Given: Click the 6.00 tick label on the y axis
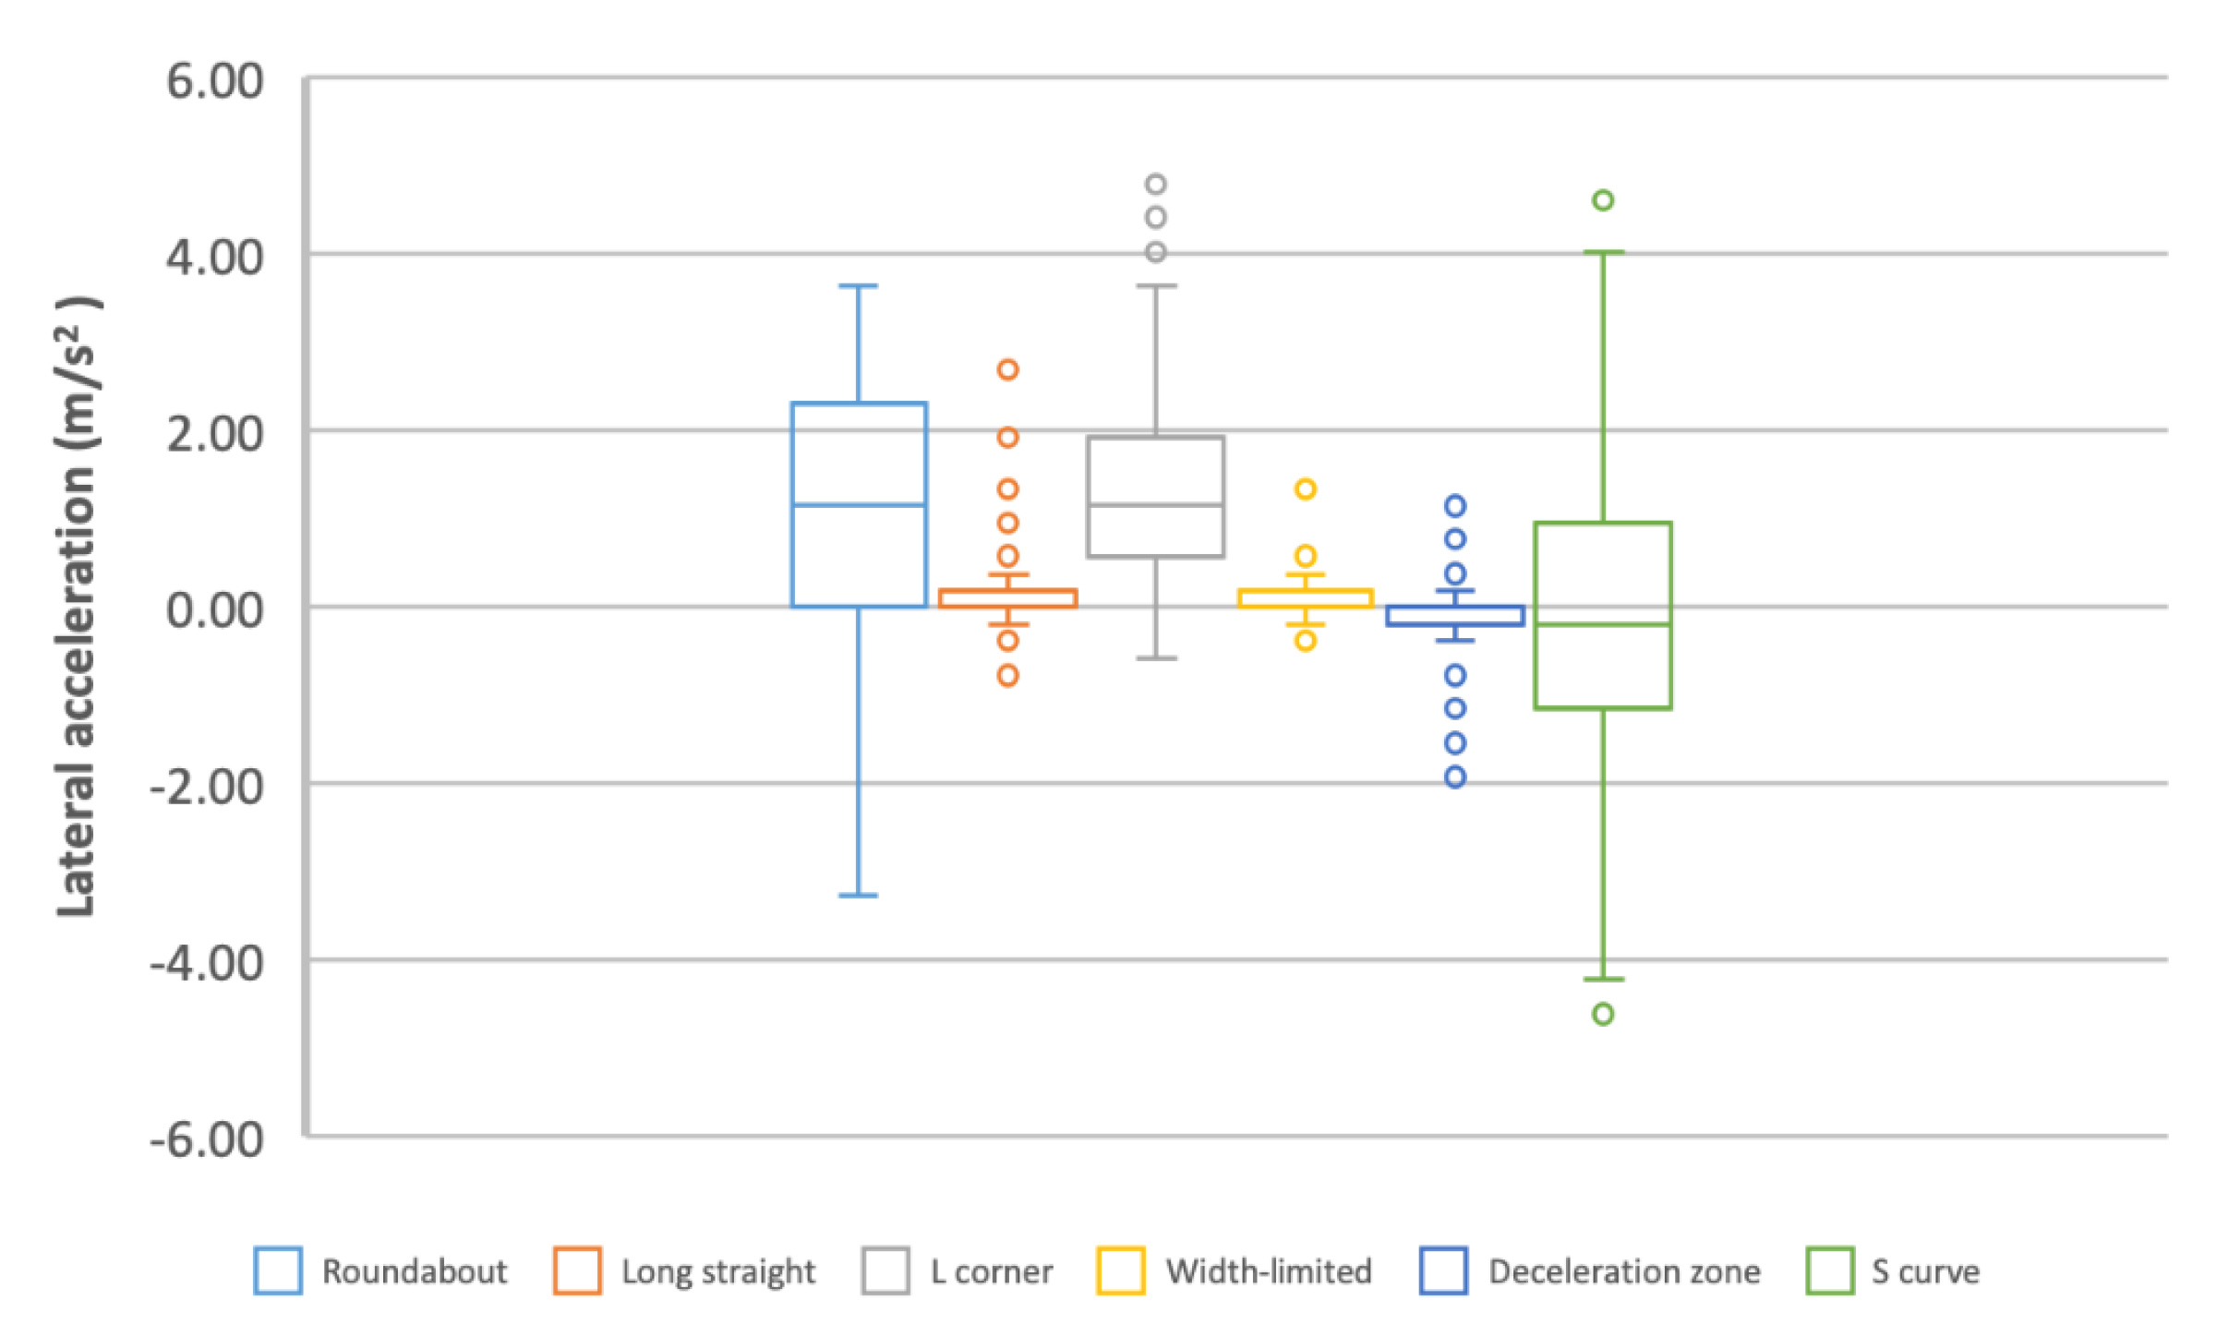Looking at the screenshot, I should coord(214,81).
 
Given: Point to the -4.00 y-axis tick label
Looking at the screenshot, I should coord(207,963).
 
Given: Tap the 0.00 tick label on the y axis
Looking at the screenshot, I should coord(214,610).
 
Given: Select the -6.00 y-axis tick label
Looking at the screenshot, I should coord(207,1140).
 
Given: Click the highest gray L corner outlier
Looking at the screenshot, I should coord(1155,184).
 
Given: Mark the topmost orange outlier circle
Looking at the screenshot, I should coord(1007,369).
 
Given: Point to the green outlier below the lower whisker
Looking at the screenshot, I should coord(1603,1014).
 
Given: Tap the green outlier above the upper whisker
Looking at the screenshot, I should coord(1603,199).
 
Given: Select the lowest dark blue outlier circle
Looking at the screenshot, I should coord(1455,777).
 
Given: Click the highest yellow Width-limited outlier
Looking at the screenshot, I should coord(1305,488).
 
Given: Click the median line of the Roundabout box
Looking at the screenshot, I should coord(859,505).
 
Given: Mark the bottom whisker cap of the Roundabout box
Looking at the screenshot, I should coord(859,895).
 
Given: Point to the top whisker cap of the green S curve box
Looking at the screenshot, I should coord(1603,252).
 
